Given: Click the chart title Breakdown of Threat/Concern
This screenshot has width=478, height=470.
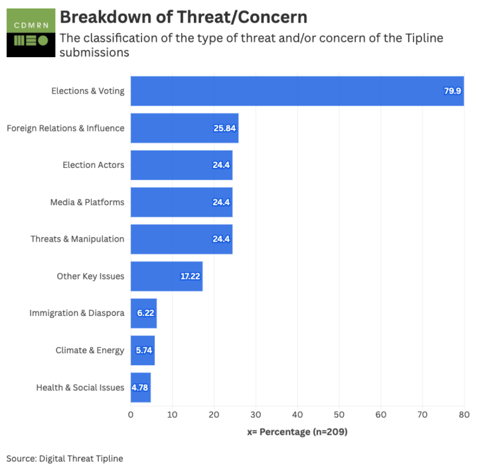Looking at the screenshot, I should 183,17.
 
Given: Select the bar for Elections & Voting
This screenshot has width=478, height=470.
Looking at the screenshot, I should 297,91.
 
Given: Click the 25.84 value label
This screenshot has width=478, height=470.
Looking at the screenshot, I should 224,128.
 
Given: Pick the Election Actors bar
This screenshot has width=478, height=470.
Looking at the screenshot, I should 181,165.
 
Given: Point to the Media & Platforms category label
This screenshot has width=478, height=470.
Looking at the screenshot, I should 87,202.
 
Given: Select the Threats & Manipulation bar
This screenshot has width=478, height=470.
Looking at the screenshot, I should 181,239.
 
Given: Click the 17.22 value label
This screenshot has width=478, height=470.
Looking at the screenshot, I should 189,276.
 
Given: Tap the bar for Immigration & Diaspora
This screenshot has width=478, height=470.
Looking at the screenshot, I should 143,313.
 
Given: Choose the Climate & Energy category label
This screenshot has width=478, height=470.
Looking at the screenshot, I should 90,350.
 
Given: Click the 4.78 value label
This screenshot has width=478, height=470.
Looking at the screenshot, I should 140,387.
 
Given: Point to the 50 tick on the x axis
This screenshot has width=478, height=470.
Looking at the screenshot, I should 339,415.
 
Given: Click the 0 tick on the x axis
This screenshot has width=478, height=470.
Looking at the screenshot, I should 131,415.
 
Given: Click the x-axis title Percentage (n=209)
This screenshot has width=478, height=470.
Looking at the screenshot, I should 297,432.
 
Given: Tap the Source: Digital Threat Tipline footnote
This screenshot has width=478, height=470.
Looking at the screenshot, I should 65,458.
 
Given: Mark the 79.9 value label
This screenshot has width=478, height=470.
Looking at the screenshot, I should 452,91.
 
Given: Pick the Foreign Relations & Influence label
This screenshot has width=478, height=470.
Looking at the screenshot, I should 65,128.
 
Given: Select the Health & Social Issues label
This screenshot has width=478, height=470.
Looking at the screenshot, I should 80,387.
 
